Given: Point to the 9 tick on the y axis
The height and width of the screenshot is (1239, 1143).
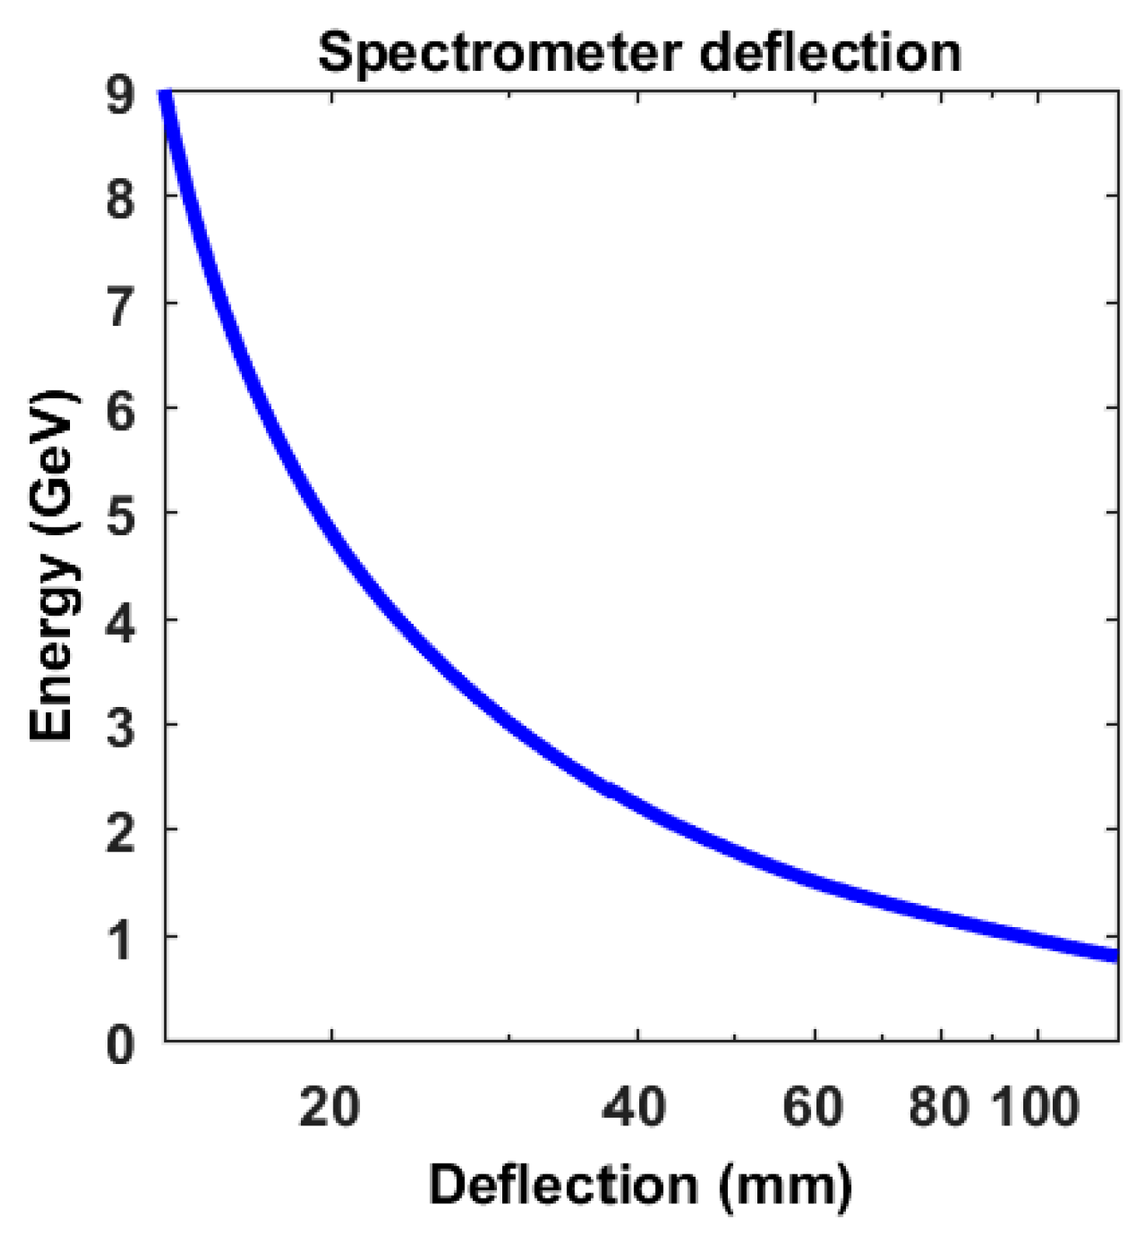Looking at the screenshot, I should pyautogui.click(x=121, y=96).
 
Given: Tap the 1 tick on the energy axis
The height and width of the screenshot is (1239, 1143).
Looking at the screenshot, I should pyautogui.click(x=121, y=939).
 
